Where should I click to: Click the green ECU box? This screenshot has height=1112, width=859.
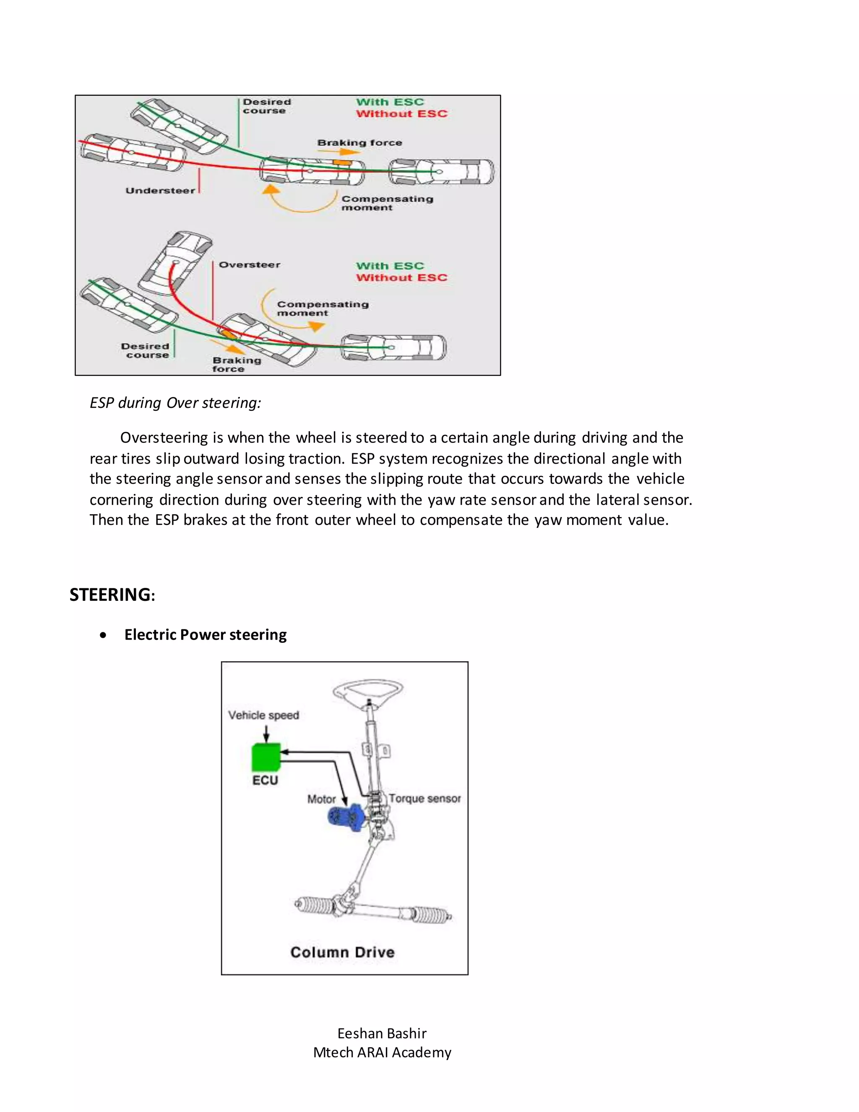[x=266, y=757]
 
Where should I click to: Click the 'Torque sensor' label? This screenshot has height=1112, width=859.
[x=425, y=799]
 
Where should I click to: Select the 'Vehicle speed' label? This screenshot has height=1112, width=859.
[x=263, y=715]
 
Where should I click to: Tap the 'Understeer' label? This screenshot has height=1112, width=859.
[x=160, y=191]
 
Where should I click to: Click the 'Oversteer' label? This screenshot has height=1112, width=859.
[x=250, y=265]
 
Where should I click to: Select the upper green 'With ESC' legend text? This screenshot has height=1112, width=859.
[x=390, y=102]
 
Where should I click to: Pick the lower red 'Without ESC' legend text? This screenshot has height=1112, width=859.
[x=401, y=278]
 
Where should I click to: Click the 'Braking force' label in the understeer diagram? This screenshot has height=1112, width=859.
[x=359, y=143]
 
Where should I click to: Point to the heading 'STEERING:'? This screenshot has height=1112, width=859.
[x=112, y=595]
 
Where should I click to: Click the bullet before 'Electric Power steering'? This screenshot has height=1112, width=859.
[x=104, y=635]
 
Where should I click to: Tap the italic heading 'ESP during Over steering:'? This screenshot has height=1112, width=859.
[x=175, y=403]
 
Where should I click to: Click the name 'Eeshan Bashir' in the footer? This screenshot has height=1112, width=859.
[x=382, y=1033]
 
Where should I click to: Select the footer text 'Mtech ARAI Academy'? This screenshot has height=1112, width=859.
[x=382, y=1052]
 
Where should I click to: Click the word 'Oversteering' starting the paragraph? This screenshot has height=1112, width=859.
[x=164, y=437]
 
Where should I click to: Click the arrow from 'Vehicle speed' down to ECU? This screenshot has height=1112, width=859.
[x=266, y=733]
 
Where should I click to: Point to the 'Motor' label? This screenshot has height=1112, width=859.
[x=321, y=799]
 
